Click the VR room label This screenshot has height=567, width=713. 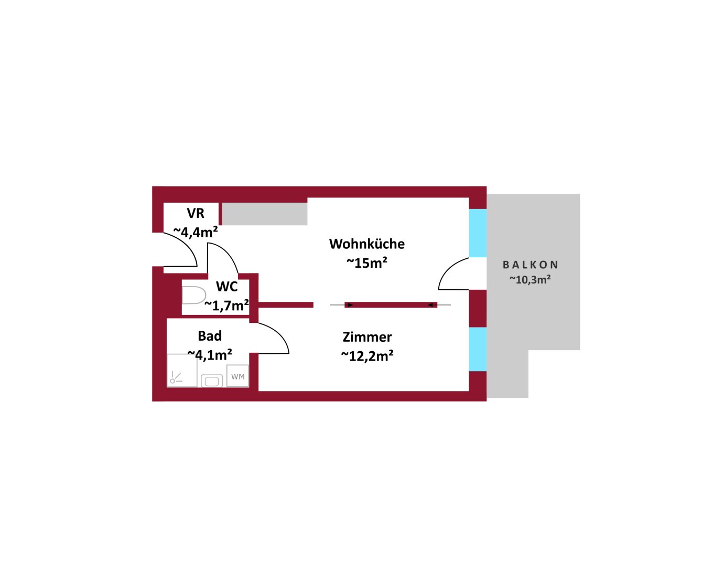click(x=195, y=213)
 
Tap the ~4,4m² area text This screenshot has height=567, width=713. click(x=196, y=232)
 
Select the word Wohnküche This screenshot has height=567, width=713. click(x=367, y=244)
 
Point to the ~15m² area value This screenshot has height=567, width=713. click(x=367, y=263)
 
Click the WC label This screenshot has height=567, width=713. click(x=226, y=287)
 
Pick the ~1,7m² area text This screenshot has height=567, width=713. click(x=226, y=306)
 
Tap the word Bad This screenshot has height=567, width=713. click(x=209, y=336)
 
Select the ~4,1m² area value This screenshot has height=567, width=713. click(x=210, y=355)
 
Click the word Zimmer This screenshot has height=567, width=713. click(x=367, y=337)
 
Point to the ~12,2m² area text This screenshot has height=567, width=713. click(x=367, y=356)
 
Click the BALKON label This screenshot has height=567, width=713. click(x=530, y=265)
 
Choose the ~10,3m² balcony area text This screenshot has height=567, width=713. click(x=530, y=280)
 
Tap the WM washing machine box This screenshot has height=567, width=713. click(x=237, y=376)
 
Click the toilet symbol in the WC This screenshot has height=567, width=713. click(x=194, y=295)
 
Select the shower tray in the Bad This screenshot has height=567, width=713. click(x=182, y=371)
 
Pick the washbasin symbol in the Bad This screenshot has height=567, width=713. click(x=212, y=381)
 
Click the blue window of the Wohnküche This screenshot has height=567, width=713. click(x=478, y=233)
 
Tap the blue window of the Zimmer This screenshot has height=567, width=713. click(x=478, y=349)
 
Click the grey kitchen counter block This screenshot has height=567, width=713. click(x=264, y=214)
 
